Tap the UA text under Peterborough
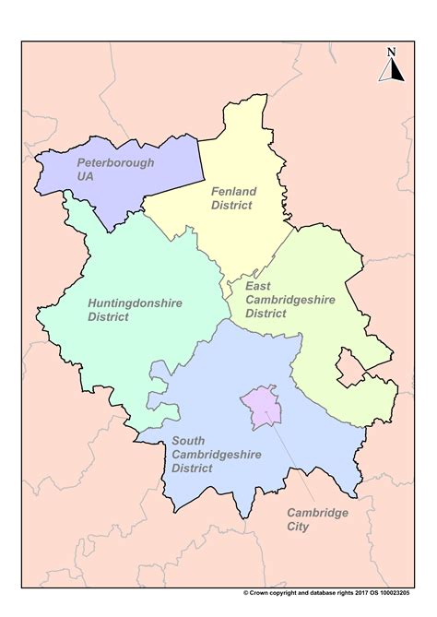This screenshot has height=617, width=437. point(86,176)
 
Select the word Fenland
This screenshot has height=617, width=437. point(234,191)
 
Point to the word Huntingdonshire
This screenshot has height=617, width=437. point(135,302)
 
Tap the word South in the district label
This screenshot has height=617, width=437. point(188,440)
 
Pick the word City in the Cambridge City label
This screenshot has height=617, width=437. point(298,527)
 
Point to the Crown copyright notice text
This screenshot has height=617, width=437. point(331,593)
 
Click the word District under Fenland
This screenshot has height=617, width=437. point(231,205)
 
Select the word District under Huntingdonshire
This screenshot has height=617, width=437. point(110,316)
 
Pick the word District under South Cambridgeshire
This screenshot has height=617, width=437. point(192,468)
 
